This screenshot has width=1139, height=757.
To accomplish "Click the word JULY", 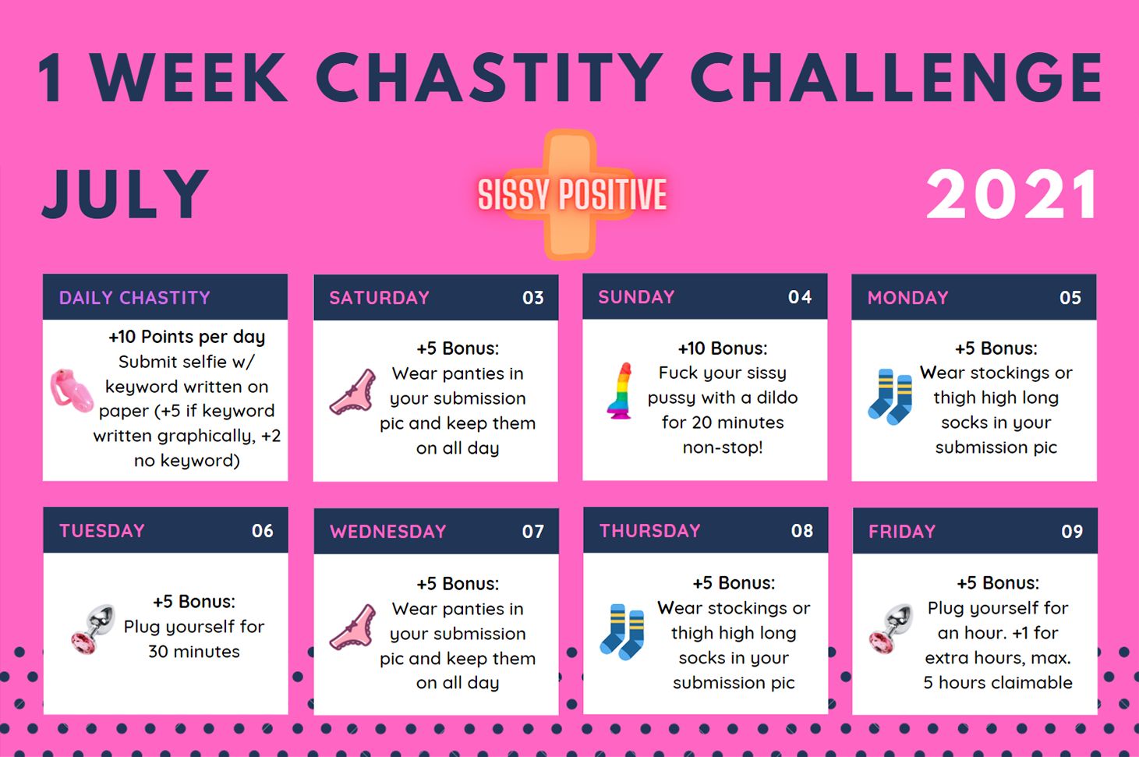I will pyautogui.click(x=125, y=193).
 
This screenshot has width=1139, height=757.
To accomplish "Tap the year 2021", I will pyautogui.click(x=1012, y=195).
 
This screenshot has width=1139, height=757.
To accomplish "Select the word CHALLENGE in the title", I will pyautogui.click(x=896, y=78).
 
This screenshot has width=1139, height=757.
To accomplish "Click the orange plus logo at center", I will pyautogui.click(x=571, y=194).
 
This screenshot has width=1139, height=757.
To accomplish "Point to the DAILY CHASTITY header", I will pyautogui.click(x=135, y=298).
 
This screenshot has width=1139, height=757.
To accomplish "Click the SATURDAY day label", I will pyautogui.click(x=379, y=298).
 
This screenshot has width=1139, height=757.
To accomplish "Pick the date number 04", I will pyautogui.click(x=800, y=297).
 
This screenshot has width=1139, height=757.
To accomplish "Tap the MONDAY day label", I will pyautogui.click(x=907, y=298).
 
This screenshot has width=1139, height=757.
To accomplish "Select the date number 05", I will pyautogui.click(x=1070, y=298).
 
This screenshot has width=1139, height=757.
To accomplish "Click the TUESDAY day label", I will pyautogui.click(x=102, y=531).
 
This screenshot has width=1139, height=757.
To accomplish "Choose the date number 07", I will pyautogui.click(x=533, y=532).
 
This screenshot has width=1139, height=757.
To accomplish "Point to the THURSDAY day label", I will pyautogui.click(x=649, y=531).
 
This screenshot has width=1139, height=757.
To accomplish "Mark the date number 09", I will pyautogui.click(x=1072, y=532).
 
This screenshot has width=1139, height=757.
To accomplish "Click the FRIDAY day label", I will pyautogui.click(x=901, y=532).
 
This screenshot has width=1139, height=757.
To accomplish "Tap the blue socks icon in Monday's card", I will pyautogui.click(x=890, y=397).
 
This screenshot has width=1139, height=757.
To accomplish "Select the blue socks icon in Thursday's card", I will pyautogui.click(x=622, y=631).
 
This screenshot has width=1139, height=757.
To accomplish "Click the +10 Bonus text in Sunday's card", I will pyautogui.click(x=722, y=348).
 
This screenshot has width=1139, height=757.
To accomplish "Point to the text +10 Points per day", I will pyautogui.click(x=186, y=337).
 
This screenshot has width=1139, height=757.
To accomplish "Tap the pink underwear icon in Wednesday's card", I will pyautogui.click(x=353, y=628).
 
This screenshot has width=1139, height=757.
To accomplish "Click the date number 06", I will pyautogui.click(x=263, y=531).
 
